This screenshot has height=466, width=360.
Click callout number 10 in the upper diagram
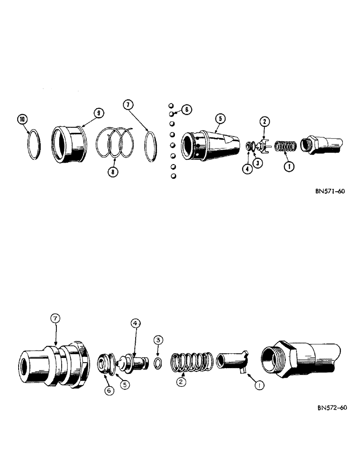tap(22, 119)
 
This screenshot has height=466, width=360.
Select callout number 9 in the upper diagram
tap(98, 113)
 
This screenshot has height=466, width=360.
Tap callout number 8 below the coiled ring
tap(111, 172)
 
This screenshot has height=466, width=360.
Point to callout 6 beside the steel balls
tap(186, 110)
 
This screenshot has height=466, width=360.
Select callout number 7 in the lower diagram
tap(56, 318)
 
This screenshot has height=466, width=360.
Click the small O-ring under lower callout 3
tap(159, 363)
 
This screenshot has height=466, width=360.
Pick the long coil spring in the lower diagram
tap(192, 363)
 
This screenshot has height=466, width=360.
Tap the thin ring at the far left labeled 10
tap(31, 145)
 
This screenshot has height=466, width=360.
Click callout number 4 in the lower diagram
tap(135, 322)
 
